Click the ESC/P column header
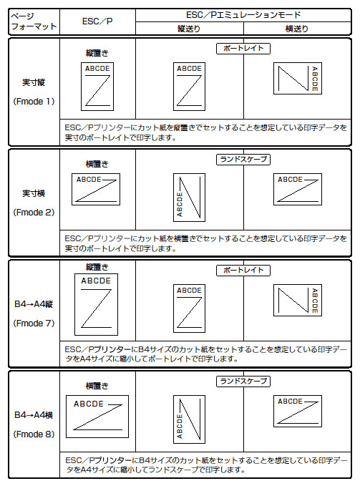coord(97,21)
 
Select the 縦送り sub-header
coord(189,29)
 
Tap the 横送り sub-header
coord(297,29)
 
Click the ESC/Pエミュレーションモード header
coord(243,15)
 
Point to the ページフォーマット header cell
coord(34,21)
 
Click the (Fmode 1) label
coord(34,102)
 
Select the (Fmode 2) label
coord(34,213)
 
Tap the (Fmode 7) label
coord(34,324)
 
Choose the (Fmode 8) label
coord(34,434)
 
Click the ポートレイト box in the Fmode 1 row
coord(243,49)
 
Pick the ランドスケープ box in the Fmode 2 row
coord(243,160)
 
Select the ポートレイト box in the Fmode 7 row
coord(243,271)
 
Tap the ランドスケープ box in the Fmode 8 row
coord(243,381)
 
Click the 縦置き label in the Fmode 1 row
coord(97,53)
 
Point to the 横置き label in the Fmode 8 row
coord(97,386)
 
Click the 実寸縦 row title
coord(34,82)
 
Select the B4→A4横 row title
coord(34,415)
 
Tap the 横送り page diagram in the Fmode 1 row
coord(298,79)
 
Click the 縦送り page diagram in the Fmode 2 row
coord(189,198)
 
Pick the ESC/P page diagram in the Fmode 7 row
coord(97,304)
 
